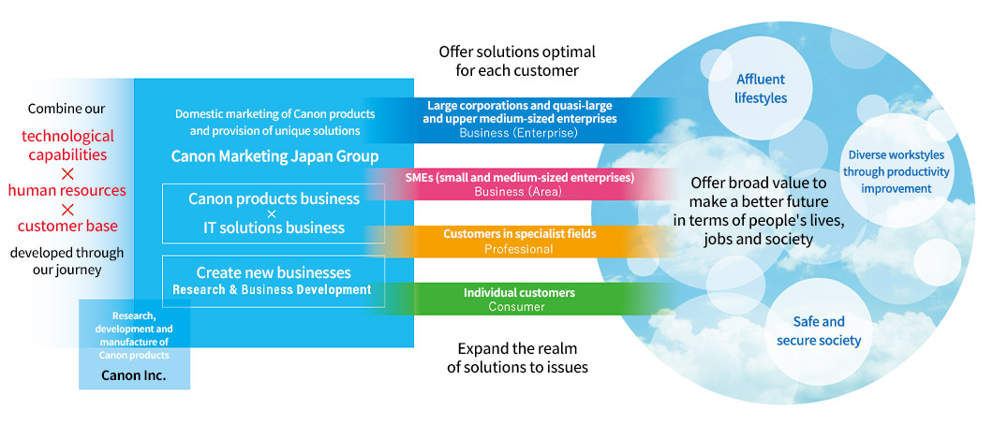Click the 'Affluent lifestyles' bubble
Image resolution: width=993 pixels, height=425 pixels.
point(761,89)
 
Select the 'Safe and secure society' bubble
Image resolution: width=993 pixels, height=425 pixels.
point(818,330)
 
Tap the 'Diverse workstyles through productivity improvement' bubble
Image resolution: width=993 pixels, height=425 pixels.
point(897,171)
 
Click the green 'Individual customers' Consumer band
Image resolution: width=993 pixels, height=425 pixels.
point(519,300)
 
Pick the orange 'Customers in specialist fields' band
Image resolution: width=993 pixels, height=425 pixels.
point(519,242)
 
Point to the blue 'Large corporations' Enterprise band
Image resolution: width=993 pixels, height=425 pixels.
point(519,119)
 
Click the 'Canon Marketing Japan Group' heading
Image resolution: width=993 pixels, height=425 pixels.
point(274,155)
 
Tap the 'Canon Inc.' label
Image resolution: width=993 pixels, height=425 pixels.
point(134,375)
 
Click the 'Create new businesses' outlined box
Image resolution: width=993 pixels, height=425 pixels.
point(274,281)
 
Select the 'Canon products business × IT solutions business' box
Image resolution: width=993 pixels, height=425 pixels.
point(274,212)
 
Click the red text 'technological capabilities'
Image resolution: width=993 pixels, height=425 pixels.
point(67,145)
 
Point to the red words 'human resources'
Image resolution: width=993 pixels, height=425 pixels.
point(67,191)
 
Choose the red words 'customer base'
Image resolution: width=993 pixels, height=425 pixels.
point(67,226)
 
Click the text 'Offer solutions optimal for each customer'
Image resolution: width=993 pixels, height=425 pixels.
point(517,61)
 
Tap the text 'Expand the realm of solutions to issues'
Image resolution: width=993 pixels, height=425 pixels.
point(517,358)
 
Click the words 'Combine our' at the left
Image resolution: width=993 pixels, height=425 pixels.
point(67,109)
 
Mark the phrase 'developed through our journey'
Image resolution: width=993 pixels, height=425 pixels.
point(67,261)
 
